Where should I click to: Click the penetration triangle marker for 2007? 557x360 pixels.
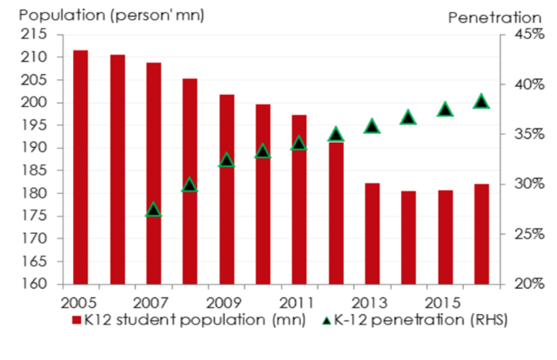[153, 210]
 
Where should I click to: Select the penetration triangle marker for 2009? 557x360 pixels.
[226, 160]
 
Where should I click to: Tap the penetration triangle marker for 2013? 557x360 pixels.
[372, 126]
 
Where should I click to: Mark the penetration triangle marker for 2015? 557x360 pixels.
[445, 109]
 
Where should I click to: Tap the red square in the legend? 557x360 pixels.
[77, 323]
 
